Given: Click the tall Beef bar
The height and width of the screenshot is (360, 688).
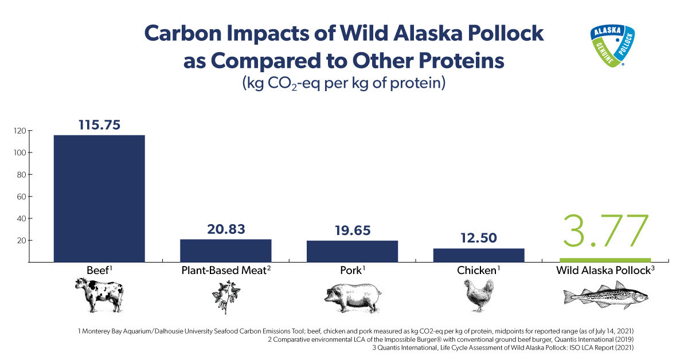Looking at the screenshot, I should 99,198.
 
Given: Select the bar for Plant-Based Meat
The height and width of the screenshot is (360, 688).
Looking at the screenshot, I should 226,251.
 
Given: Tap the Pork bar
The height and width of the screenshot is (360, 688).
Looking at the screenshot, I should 352,251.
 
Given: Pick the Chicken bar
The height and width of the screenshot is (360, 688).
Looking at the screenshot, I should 479,255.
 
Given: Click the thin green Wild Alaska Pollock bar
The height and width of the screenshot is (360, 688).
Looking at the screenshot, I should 605,260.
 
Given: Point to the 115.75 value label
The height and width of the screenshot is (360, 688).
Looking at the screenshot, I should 99,125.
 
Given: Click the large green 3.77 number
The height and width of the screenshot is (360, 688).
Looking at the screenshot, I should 605,232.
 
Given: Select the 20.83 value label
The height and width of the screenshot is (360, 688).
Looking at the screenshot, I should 226,229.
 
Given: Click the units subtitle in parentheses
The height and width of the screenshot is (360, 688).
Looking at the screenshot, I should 343,82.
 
